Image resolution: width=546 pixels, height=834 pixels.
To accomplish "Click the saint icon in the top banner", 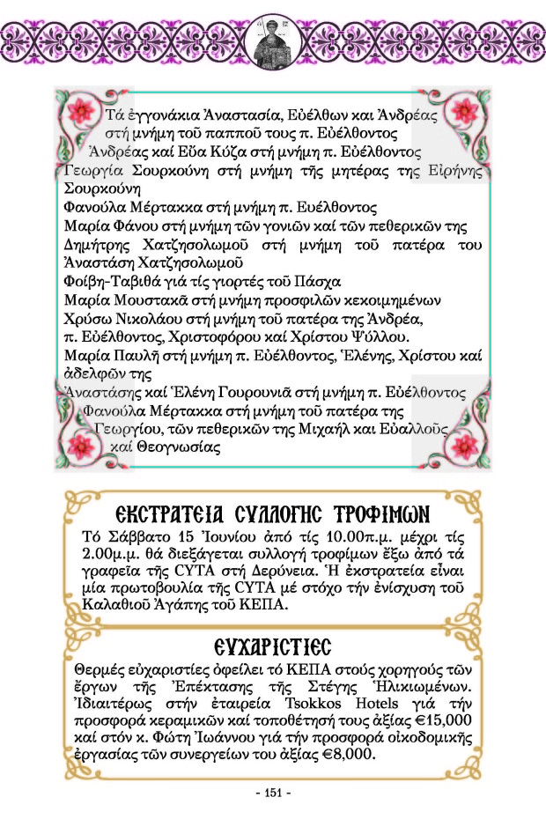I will pos(272,41).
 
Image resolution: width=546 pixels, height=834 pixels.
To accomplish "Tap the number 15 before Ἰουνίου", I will pos(154,536).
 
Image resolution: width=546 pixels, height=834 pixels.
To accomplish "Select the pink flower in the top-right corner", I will pos(463,112).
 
